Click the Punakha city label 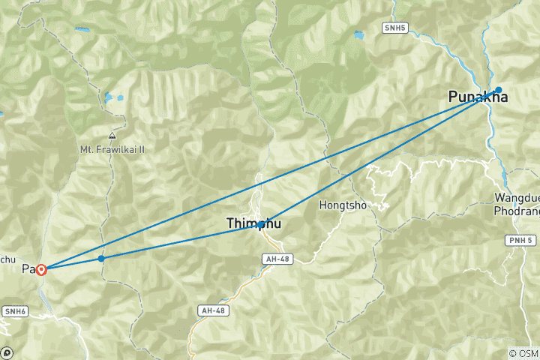click(x=477, y=97)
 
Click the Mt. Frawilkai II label click(x=112, y=149)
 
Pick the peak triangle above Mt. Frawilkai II click(x=112, y=136)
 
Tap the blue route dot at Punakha click(x=498, y=90)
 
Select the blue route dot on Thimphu click(x=260, y=224)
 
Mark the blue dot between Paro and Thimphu click(x=101, y=258)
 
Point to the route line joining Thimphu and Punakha click(x=375, y=159)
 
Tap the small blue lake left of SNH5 click(x=359, y=34)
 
